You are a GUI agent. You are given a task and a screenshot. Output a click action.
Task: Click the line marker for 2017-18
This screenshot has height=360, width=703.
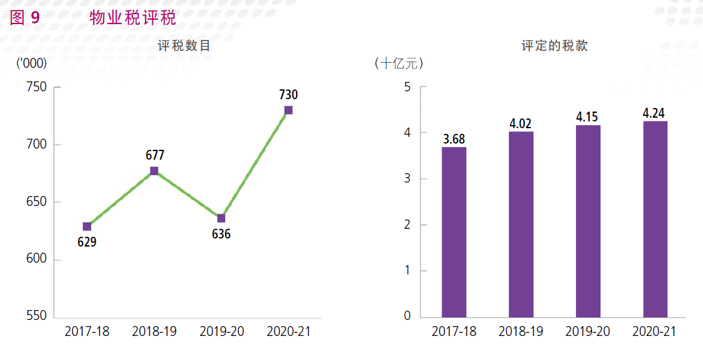pos(87,227)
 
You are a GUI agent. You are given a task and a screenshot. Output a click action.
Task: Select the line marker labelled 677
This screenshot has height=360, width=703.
pos(154,171)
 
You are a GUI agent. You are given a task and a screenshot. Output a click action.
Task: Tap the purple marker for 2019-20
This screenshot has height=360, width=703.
pos(221,218)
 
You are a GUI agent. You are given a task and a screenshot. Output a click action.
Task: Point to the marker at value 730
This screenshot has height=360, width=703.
pos(289,110)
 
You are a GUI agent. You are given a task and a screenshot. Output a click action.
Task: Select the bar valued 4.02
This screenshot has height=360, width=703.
pos(521,224)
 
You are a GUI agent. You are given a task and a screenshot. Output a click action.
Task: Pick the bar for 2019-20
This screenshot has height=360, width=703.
pos(588,221)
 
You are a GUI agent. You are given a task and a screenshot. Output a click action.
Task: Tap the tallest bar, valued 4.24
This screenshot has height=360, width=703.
pos(655,219)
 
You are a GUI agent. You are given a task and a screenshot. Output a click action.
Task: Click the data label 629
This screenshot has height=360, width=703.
pos(87,242)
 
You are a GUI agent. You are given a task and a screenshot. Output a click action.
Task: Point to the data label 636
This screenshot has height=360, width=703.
pos(221,234)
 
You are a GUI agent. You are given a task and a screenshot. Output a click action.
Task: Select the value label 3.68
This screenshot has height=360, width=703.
pos(454,139)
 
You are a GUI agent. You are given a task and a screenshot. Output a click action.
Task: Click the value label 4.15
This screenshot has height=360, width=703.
pos(588,117)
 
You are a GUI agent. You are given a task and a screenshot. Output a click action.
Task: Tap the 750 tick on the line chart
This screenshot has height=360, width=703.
pos(37,87)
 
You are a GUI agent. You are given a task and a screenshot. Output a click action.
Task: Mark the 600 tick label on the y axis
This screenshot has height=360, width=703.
pos(37,260)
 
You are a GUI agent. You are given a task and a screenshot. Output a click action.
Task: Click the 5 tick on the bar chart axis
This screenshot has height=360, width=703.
pos(407,87)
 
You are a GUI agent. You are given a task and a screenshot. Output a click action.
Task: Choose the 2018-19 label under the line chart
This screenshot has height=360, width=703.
pos(154,332)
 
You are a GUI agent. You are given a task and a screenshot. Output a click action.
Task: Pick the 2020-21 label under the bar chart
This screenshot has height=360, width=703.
pos(654,332)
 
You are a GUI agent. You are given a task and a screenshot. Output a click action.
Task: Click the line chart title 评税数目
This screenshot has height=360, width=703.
pos(184,46)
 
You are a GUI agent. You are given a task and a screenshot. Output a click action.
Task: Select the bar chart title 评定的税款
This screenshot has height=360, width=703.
pos(554,46)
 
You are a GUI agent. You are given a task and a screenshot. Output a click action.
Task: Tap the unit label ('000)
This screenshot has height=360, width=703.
pos(31,63)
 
